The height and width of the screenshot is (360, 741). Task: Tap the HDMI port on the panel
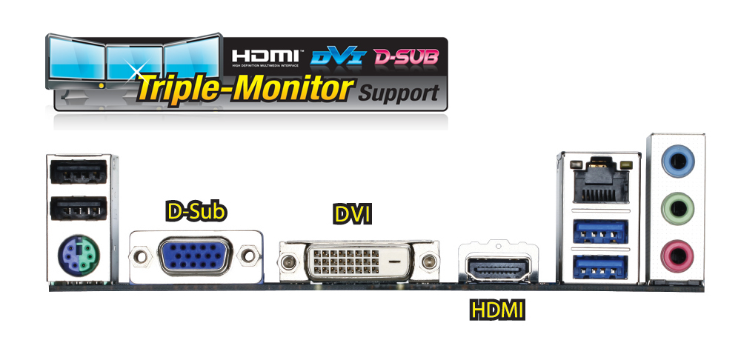pyautogui.click(x=499, y=265)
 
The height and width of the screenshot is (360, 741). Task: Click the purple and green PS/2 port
pyautogui.click(x=77, y=257)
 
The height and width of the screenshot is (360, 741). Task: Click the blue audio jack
pyautogui.click(x=676, y=160)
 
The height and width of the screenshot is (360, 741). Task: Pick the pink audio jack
pyautogui.click(x=676, y=256)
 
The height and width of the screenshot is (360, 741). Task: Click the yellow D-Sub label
pyautogui.click(x=196, y=211)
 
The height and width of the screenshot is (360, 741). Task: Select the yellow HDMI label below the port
pyautogui.click(x=498, y=310)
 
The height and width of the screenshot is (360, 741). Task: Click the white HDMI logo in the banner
pyautogui.click(x=266, y=56)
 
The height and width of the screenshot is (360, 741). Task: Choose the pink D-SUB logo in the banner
pyautogui.click(x=405, y=56)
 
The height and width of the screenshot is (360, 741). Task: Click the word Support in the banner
pyautogui.click(x=398, y=94)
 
